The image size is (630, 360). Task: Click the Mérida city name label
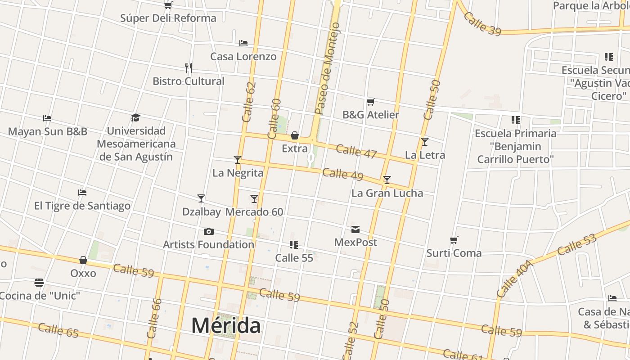226,325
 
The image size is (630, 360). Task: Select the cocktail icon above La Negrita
238,160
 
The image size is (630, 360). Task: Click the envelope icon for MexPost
355,229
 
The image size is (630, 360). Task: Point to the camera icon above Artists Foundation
209,232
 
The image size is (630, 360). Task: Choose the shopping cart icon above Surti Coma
454,240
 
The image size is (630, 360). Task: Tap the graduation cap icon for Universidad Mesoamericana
136,118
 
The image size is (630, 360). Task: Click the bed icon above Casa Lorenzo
243,43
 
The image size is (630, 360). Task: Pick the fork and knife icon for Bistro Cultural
189,68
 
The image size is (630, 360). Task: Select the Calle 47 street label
356,152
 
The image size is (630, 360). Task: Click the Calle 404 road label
515,279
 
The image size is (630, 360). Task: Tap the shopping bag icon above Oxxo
83,260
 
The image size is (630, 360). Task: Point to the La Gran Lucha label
387,193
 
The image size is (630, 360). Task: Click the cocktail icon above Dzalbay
201,198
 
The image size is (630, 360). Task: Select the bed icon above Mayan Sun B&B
47,118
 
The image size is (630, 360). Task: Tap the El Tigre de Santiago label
82,206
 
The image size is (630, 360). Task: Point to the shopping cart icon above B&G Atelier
371,102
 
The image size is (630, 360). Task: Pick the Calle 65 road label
58,330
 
